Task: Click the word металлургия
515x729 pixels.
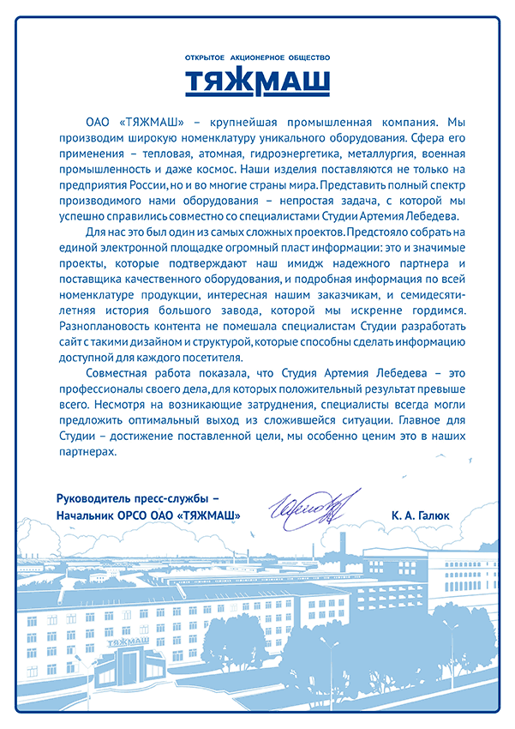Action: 374,154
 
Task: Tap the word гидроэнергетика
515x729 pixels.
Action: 288,154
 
